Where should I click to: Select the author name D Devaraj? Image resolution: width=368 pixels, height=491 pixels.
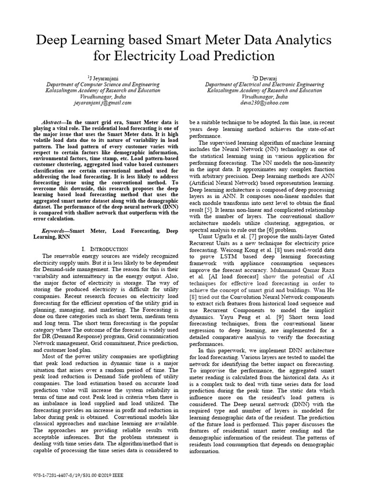[x=264, y=78]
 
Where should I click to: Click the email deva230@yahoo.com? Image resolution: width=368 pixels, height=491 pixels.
[x=264, y=103]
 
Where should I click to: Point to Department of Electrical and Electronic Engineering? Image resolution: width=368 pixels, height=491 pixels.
[x=264, y=84]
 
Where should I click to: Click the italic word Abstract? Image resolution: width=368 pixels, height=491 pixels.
[x=53, y=123]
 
